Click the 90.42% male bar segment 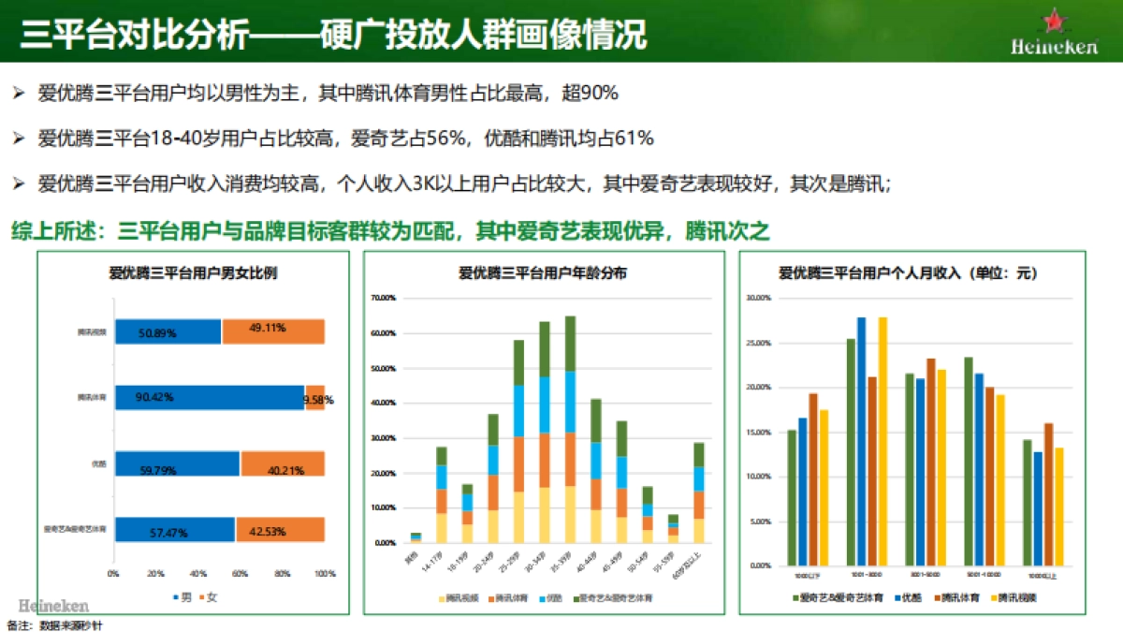click(208, 398)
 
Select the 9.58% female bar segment click(315, 398)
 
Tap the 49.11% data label click(268, 330)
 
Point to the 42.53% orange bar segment click(280, 531)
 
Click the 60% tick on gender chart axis click(241, 573)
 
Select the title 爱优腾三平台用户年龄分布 click(543, 273)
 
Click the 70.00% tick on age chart click(385, 298)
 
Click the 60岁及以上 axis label click(698, 556)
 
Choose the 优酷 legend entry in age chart click(549, 596)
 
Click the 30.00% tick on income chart click(758, 298)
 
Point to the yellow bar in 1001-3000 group click(882, 441)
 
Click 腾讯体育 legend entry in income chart click(951, 596)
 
